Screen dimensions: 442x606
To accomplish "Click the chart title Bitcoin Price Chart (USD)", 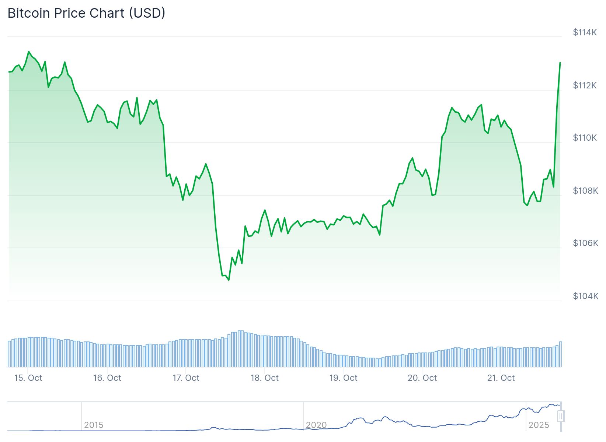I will coord(86,13).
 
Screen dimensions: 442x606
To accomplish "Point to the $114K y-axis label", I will coord(585,32).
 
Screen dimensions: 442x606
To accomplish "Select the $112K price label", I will coord(585,85).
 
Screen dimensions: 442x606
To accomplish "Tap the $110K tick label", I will coord(585,138).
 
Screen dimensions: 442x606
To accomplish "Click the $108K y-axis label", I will coord(585,190).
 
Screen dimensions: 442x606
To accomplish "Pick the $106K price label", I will coord(585,243).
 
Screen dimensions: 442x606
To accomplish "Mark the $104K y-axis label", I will coord(585,296).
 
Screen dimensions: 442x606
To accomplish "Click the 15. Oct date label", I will coord(28,378).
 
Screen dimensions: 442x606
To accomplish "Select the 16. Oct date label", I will coord(107,378).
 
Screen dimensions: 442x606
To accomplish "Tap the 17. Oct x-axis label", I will coord(186,378).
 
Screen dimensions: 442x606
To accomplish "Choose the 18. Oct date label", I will coord(265,378).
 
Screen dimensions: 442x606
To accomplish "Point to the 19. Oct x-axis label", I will coord(343,378).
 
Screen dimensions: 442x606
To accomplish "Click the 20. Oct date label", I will coord(422,378).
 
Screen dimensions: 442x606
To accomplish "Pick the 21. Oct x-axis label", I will coord(501,378).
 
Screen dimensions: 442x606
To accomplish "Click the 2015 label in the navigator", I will coord(94,425).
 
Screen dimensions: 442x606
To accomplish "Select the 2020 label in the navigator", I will coord(316,425).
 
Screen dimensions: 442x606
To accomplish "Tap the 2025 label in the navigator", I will coord(539,425).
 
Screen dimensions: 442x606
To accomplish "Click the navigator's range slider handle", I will coord(561,416).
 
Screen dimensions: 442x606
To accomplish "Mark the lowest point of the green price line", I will coord(229,280).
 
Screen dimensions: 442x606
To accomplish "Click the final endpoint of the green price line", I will coord(560,63).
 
